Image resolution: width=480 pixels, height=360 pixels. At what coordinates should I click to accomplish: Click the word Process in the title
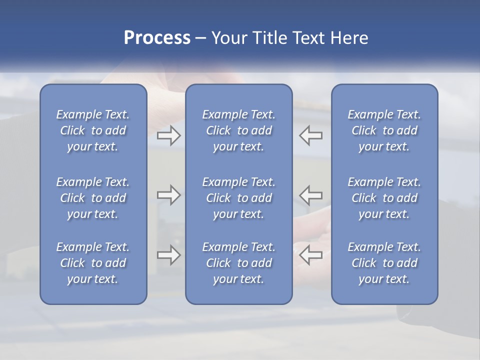click(157, 38)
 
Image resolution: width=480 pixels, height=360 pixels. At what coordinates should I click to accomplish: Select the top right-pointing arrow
click(168, 135)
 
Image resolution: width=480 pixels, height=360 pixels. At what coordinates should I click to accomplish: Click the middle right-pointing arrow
click(168, 195)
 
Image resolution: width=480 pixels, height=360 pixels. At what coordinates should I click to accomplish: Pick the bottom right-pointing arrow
click(168, 255)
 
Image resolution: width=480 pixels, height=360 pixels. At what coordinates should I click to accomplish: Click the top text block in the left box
click(93, 130)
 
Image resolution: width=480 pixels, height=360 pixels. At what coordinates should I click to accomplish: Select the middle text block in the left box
click(93, 198)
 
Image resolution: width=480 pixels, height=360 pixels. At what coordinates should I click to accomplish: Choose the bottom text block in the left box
click(93, 263)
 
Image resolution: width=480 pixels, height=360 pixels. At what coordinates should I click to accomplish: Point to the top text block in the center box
click(238, 130)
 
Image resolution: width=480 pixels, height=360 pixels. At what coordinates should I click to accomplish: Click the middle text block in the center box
click(238, 198)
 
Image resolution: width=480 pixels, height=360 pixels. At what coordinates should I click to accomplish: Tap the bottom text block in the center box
click(238, 263)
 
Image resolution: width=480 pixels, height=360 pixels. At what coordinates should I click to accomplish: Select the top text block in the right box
click(384, 130)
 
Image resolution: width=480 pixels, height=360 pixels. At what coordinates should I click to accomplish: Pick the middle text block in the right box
click(384, 198)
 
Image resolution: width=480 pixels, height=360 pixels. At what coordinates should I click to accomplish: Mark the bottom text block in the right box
click(384, 263)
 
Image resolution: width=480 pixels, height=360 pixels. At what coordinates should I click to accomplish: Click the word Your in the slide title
click(229, 38)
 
